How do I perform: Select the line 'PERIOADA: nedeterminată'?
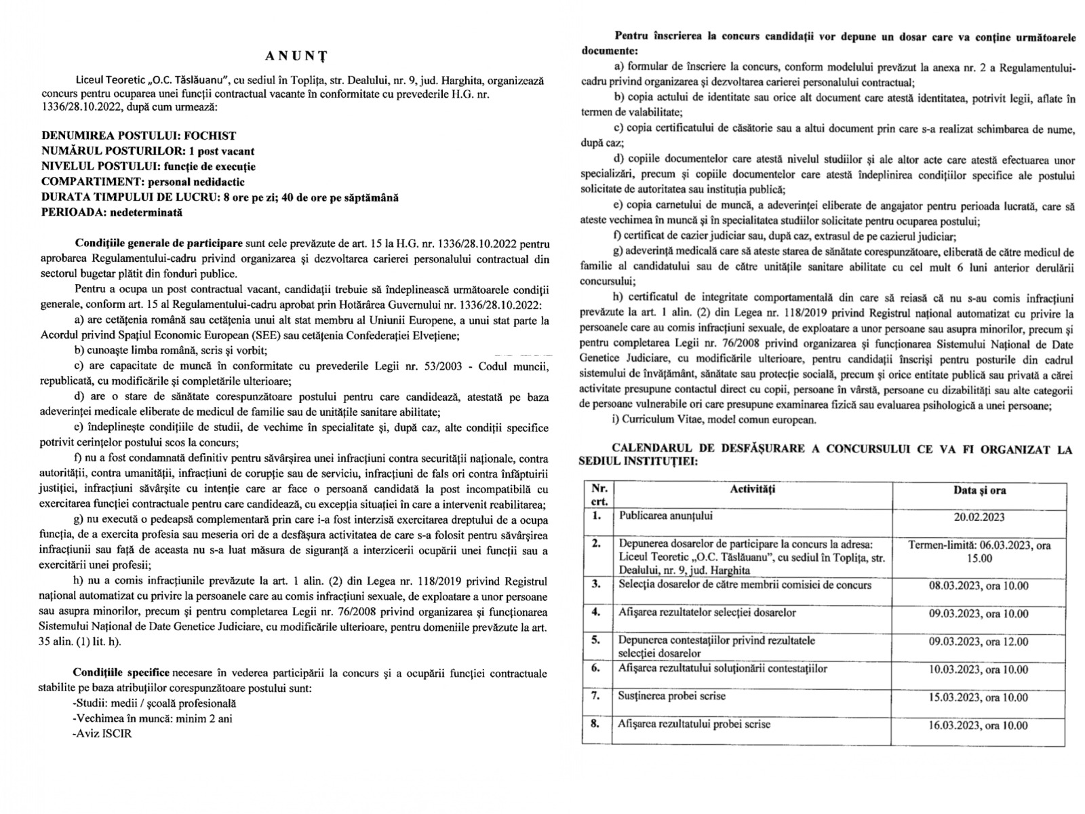point(112,212)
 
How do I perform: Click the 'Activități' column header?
point(753,490)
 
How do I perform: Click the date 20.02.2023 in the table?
point(978,516)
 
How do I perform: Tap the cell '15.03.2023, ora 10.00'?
point(978,697)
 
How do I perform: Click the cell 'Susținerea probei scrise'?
point(671,696)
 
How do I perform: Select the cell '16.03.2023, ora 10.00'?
point(978,725)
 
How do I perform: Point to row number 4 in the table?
point(595,612)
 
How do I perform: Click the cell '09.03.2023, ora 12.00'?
point(978,642)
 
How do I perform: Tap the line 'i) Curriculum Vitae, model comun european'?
point(713,420)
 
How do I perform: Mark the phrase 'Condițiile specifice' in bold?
point(122,673)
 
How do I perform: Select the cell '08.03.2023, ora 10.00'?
point(978,585)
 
